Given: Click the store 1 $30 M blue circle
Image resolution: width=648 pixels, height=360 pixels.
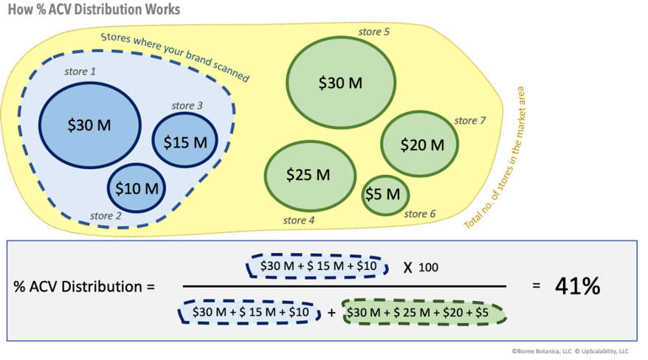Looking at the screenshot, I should point(89,125).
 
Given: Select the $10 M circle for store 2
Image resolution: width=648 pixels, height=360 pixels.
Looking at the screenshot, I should point(137,187).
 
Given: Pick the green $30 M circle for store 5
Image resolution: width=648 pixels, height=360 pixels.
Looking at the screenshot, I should point(340,83).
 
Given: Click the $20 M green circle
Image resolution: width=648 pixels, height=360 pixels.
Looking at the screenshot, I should point(422,145).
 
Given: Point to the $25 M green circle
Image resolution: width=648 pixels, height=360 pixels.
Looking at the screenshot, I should point(308,175).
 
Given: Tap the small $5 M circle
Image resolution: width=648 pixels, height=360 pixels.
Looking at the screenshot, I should point(385,195).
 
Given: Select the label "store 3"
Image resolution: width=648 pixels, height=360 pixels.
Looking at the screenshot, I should point(187,105).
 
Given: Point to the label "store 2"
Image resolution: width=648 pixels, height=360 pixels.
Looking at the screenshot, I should point(106,216).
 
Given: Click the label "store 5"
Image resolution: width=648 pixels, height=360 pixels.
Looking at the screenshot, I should point(374,32).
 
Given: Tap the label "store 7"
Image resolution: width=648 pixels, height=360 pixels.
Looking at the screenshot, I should point(470,120).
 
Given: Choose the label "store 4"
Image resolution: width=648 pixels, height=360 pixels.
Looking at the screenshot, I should point(299,220).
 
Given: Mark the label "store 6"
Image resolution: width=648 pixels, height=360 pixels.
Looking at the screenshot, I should point(420,214).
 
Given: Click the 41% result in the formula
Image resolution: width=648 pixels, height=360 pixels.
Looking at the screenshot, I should point(577,285).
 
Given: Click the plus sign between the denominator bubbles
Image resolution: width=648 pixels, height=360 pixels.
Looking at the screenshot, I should point(331,313).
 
